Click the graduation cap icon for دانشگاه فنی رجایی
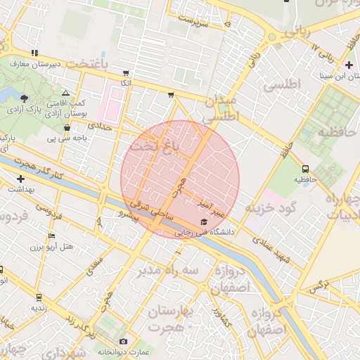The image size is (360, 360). (x=204, y=221)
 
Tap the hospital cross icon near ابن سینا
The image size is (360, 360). (x=349, y=65)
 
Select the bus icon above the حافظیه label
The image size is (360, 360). (x=305, y=169)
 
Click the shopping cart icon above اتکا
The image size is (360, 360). (x=126, y=72)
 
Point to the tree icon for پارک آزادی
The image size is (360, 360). (x=25, y=98)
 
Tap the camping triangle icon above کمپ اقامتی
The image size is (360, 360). (x=66, y=93)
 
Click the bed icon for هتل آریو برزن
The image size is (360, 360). (x=51, y=236)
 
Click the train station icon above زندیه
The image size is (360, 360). (x=38, y=297)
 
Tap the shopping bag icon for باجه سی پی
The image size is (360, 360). (x=67, y=128)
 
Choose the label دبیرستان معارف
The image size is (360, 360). (x=34, y=63)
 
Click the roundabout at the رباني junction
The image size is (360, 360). (x=271, y=37)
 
